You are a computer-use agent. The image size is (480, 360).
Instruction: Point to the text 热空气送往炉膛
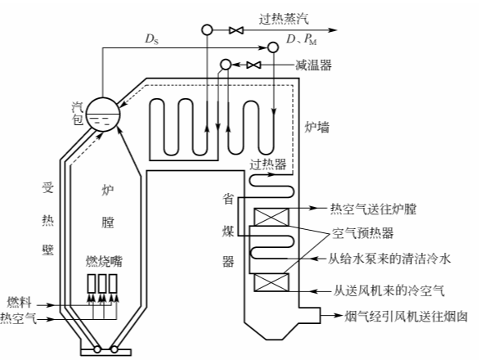pyautogui.click(x=373, y=210)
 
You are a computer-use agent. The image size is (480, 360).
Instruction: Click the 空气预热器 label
pyautogui.click(x=361, y=232)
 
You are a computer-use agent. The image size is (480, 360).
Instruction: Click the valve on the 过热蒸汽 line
pyautogui.click(x=236, y=30)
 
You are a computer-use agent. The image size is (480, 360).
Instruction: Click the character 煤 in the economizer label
pyautogui.click(x=229, y=230)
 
